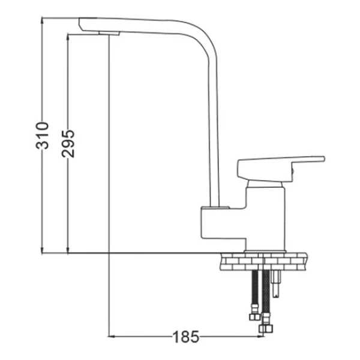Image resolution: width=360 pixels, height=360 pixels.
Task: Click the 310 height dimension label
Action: pyautogui.click(x=42, y=136)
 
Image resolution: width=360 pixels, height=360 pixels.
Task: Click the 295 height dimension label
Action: pyautogui.click(x=68, y=144)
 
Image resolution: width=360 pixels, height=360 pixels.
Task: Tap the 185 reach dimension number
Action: pyautogui.click(x=185, y=337)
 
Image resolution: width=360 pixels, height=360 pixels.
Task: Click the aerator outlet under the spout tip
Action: pyautogui.click(x=110, y=34)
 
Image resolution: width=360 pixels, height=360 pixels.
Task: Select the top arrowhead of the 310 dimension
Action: pyautogui.click(x=42, y=20)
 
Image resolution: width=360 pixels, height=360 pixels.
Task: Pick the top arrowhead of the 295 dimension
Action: pyautogui.click(x=68, y=37)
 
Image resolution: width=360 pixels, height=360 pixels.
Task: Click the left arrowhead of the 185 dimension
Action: pyautogui.click(x=112, y=337)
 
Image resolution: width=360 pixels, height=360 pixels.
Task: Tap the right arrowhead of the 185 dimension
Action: pyautogui.click(x=260, y=337)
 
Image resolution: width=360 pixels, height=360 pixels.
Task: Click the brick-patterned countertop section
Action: pyautogui.click(x=263, y=262)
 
